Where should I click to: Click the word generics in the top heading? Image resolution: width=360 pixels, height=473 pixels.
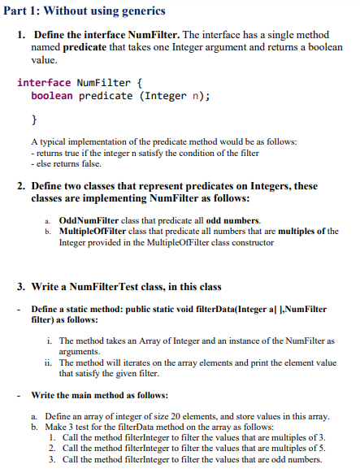pyautogui.click(x=140, y=11)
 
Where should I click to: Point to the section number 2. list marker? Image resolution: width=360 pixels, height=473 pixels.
pyautogui.click(x=21, y=186)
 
